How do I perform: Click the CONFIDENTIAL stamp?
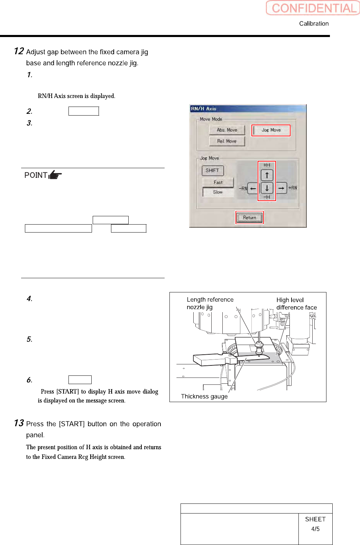tap(313, 8)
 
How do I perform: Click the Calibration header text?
tap(314, 24)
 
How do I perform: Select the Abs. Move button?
tap(227, 130)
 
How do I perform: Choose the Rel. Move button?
tap(227, 141)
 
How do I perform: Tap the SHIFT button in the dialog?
tap(212, 171)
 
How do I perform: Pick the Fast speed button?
tap(218, 182)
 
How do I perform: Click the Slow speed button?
tap(218, 192)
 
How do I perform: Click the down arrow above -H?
tap(267, 188)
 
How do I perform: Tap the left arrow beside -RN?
tap(253, 189)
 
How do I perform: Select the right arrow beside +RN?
tap(281, 188)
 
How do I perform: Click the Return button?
tap(249, 218)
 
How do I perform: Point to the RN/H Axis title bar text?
tap(204, 109)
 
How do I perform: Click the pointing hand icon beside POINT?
tap(55, 175)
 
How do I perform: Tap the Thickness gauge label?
tap(204, 397)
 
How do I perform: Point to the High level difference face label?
tap(296, 303)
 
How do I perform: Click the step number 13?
tap(19, 423)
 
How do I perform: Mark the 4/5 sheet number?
tap(315, 529)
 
